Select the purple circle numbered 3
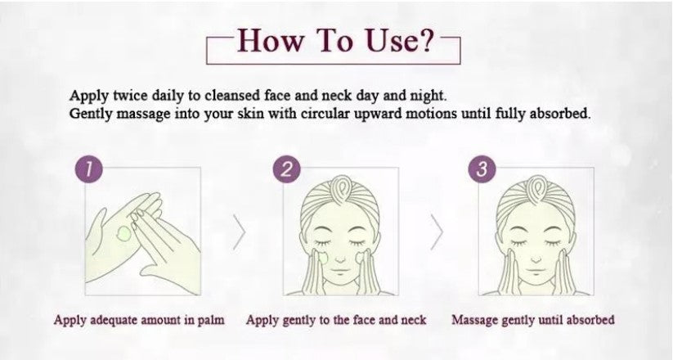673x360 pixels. pyautogui.click(x=482, y=169)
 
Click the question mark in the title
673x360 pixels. pyautogui.click(x=425, y=40)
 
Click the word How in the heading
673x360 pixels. pyautogui.click(x=270, y=40)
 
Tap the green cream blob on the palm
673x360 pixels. pyautogui.click(x=123, y=234)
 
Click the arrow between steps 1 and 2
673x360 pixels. pyautogui.click(x=239, y=232)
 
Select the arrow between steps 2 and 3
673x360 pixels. pyautogui.click(x=437, y=232)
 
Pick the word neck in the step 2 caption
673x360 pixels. pyautogui.click(x=413, y=320)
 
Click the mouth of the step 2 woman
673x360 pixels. pyautogui.click(x=340, y=271)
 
